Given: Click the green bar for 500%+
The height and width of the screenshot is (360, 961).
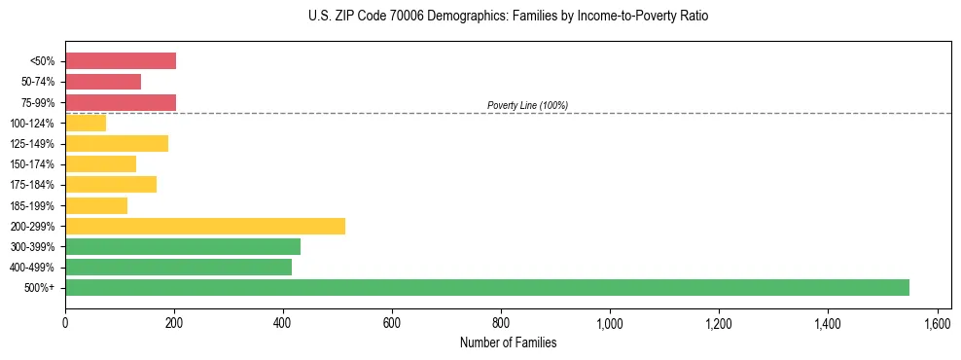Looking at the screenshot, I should pyautogui.click(x=486, y=287).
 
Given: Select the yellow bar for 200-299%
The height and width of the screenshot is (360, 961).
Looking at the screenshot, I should pyautogui.click(x=205, y=226).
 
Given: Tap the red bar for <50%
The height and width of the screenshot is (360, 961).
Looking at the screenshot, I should pyautogui.click(x=121, y=61).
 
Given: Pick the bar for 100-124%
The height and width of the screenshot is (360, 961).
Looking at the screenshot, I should pyautogui.click(x=86, y=123).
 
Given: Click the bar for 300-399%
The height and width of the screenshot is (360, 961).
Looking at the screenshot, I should pyautogui.click(x=183, y=246).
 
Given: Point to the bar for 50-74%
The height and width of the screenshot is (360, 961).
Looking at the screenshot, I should pyautogui.click(x=103, y=82).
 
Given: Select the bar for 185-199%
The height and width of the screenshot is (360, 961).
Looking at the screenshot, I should pyautogui.click(x=96, y=205).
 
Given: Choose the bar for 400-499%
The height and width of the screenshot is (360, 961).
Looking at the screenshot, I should pyautogui.click(x=178, y=267).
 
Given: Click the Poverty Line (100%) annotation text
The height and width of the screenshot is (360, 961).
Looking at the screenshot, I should pyautogui.click(x=527, y=105).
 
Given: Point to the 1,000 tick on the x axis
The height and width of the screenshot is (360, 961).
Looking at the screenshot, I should pyautogui.click(x=610, y=322).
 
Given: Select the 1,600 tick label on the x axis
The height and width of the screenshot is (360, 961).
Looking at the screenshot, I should pyautogui.click(x=937, y=322).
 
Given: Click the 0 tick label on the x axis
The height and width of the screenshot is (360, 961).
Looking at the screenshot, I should pyautogui.click(x=65, y=322).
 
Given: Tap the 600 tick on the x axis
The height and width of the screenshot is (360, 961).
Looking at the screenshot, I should pyautogui.click(x=392, y=322).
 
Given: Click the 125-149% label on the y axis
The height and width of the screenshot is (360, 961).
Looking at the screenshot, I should pyautogui.click(x=33, y=144).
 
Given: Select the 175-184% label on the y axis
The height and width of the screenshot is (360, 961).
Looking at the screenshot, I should pyautogui.click(x=33, y=185).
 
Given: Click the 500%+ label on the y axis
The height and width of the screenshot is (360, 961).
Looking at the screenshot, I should pyautogui.click(x=40, y=288).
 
